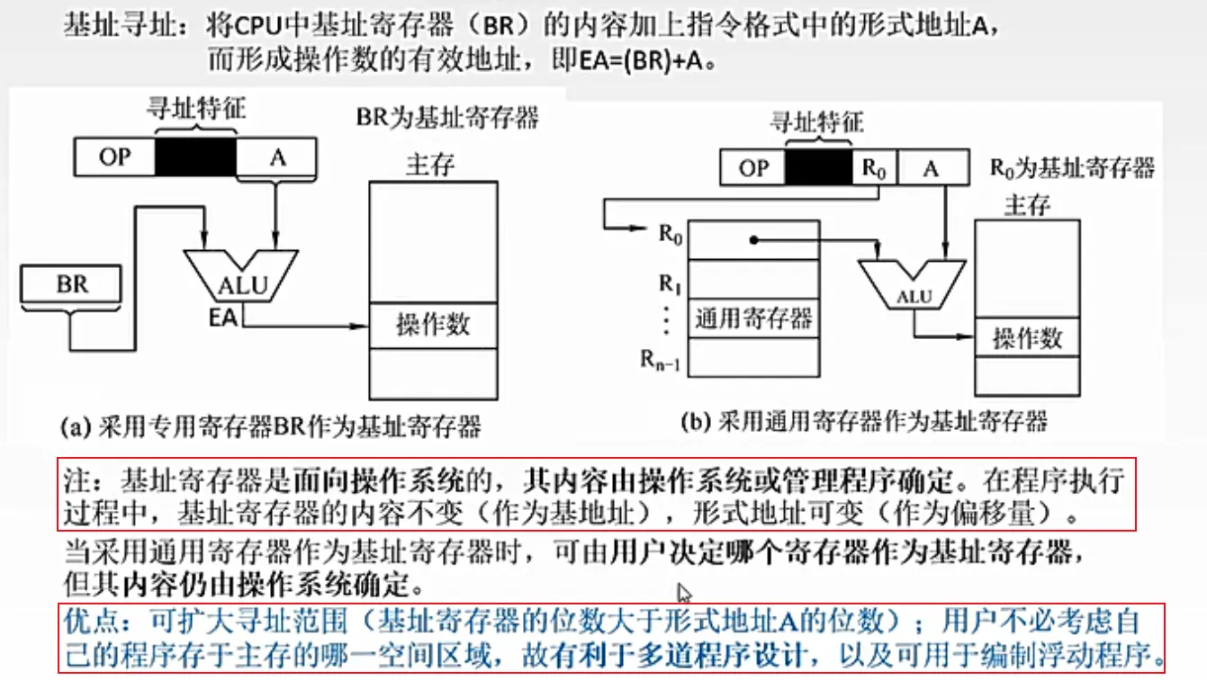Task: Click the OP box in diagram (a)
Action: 113,157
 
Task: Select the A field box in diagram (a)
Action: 277,157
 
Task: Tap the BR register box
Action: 71,285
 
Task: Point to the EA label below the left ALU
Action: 223,317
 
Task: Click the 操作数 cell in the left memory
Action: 433,325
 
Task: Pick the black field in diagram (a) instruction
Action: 195,157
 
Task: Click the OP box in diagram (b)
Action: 753,167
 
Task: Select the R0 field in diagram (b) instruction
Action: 873,167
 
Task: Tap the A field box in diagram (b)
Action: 932,167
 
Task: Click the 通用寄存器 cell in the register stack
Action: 753,318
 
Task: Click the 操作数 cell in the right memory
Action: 1027,338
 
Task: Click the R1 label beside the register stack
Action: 668,283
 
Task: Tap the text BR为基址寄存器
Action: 447,117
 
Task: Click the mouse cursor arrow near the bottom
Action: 684,594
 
